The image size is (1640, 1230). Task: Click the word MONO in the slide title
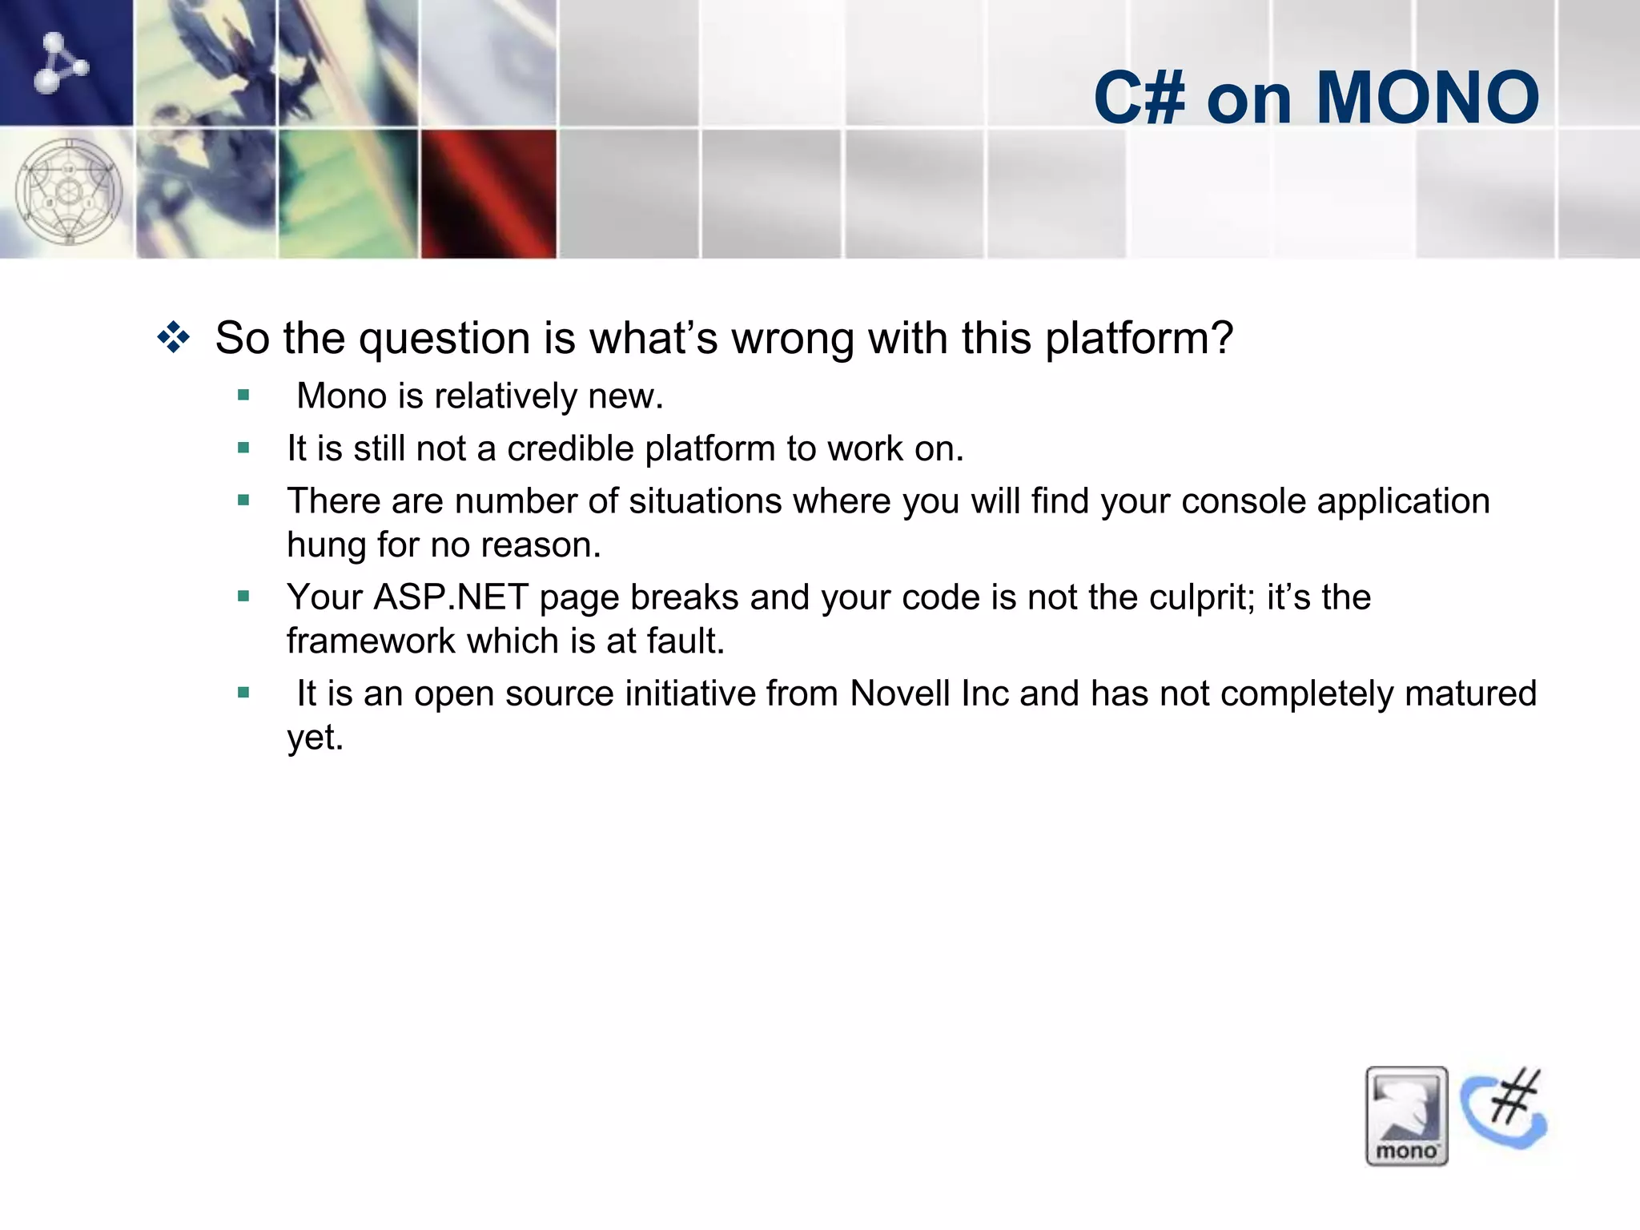point(1427,98)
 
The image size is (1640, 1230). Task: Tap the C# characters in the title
point(1139,98)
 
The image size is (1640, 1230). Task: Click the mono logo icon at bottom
point(1406,1115)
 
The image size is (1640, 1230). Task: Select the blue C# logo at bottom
point(1504,1109)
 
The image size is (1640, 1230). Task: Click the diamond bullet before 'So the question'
point(174,337)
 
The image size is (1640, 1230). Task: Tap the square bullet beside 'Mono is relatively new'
point(243,395)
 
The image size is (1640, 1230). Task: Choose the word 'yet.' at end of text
point(315,737)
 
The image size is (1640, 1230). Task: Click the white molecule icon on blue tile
point(60,62)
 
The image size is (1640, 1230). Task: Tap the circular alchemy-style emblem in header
point(69,192)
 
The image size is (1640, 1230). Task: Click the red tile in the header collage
point(488,194)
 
